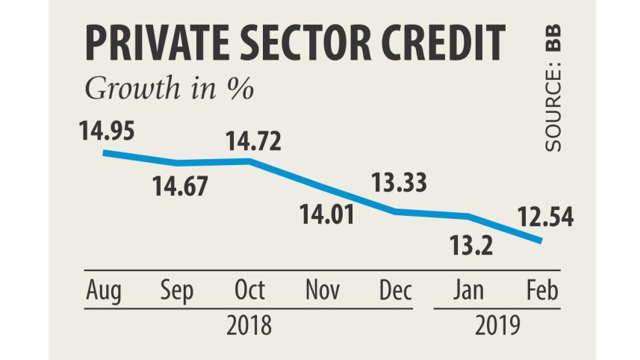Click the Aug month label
[104, 291]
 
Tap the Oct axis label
[250, 291]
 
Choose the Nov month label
[323, 291]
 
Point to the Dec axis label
[395, 291]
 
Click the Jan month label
[470, 291]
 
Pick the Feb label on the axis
[542, 291]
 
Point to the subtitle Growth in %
[169, 88]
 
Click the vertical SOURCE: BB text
[553, 90]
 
